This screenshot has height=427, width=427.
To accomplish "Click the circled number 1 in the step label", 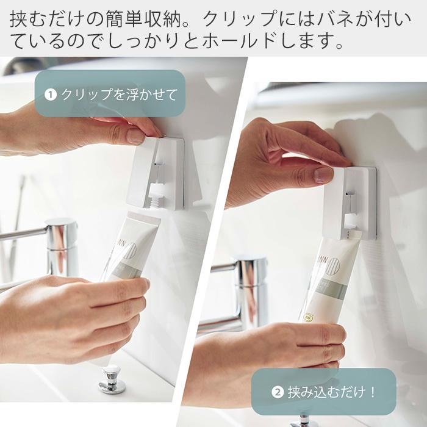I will (x=51, y=95).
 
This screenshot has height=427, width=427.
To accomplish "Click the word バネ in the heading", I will (x=325, y=19).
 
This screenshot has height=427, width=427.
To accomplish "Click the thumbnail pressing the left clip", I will (x=136, y=135).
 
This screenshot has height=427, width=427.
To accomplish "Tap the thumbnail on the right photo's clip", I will (x=324, y=174).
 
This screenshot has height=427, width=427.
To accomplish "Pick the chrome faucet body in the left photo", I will (x=62, y=247).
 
